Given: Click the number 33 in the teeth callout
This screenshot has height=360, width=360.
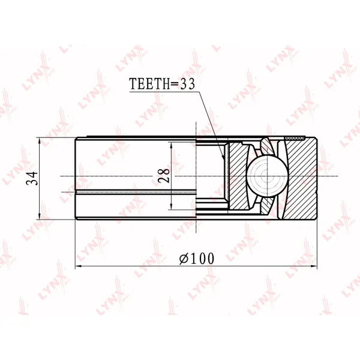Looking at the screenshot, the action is pyautogui.click(x=188, y=83).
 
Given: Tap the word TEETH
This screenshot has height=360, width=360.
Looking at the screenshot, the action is pyautogui.click(x=149, y=83).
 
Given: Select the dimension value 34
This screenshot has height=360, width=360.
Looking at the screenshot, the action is pyautogui.click(x=32, y=178).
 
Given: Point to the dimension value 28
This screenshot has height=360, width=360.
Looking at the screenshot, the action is pyautogui.click(x=164, y=175).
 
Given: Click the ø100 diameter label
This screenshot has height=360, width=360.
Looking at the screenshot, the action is pyautogui.click(x=197, y=258).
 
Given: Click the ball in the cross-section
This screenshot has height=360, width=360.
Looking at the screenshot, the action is pyautogui.click(x=267, y=176).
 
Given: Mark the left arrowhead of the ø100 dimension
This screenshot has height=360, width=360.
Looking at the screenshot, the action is pyautogui.click(x=79, y=266).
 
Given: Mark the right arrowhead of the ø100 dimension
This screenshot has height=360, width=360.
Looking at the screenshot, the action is pyautogui.click(x=314, y=266).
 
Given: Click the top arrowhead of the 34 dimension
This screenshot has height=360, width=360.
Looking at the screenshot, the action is pyautogui.click(x=40, y=141).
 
